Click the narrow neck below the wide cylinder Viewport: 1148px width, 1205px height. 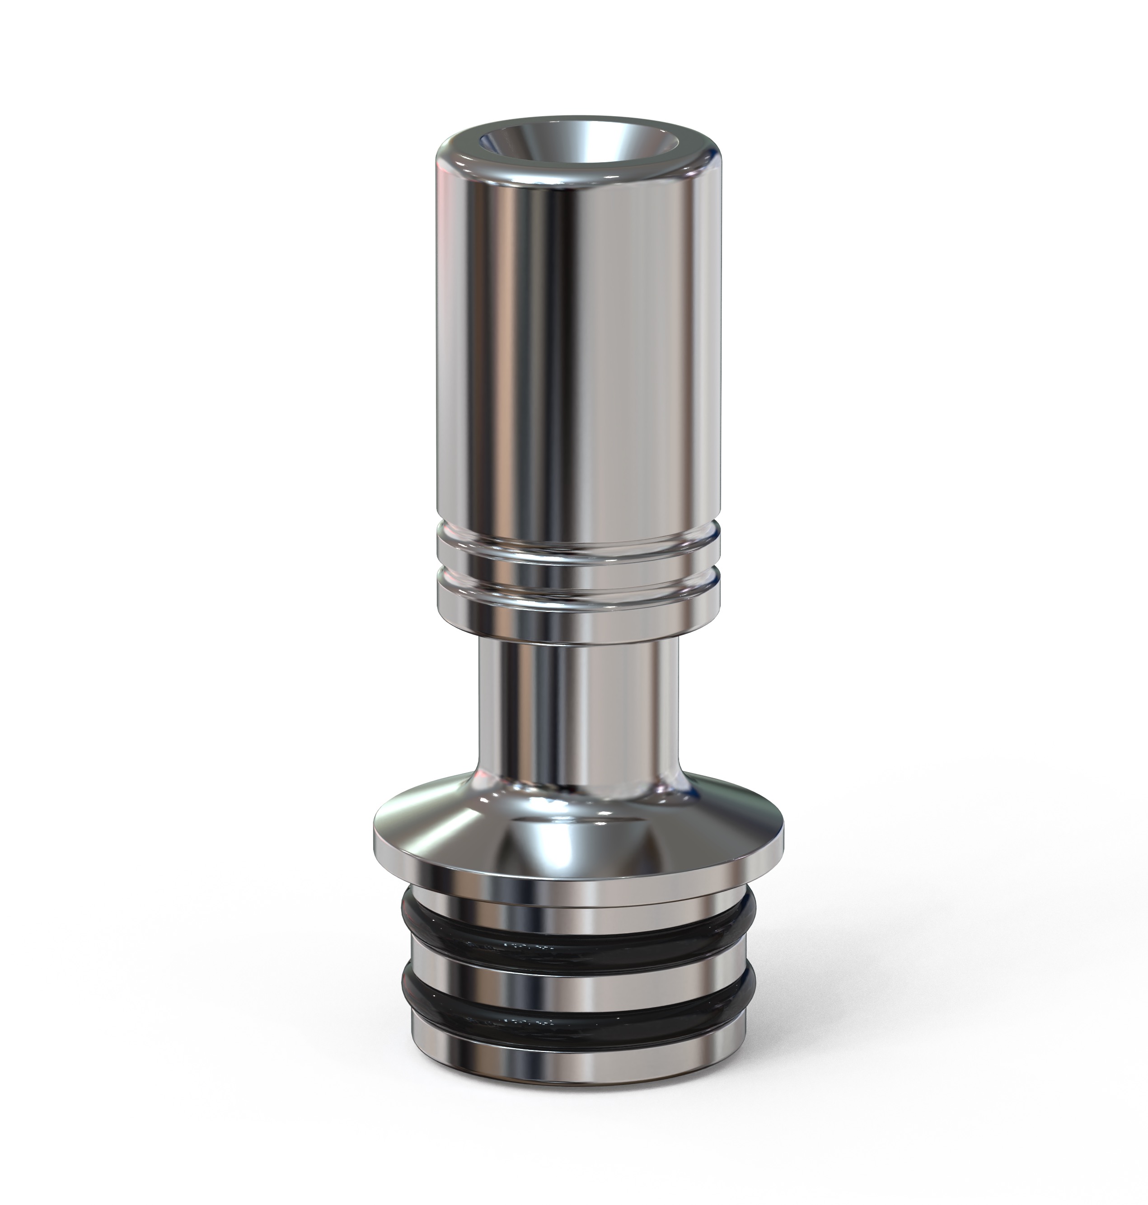click(x=578, y=704)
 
